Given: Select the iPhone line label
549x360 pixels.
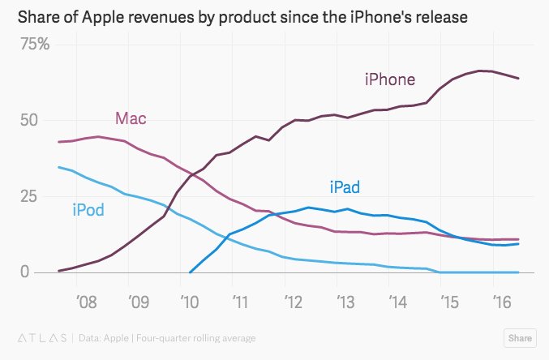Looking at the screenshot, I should [x=389, y=79].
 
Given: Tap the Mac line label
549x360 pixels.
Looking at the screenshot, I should [x=131, y=118].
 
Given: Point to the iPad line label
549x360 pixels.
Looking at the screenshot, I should [x=345, y=187].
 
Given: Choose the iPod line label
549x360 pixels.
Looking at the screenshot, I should [x=88, y=211].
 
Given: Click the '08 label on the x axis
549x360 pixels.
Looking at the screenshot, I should [x=87, y=301].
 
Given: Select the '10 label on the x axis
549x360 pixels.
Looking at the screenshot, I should [x=191, y=301].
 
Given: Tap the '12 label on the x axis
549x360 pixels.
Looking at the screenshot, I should [x=294, y=301].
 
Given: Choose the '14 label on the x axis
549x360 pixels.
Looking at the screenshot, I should [x=397, y=301].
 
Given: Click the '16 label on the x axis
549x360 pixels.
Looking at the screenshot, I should [x=501, y=301].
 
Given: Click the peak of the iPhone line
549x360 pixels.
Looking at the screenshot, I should [x=481, y=71].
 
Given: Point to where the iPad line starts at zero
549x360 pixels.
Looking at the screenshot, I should [x=190, y=272].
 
